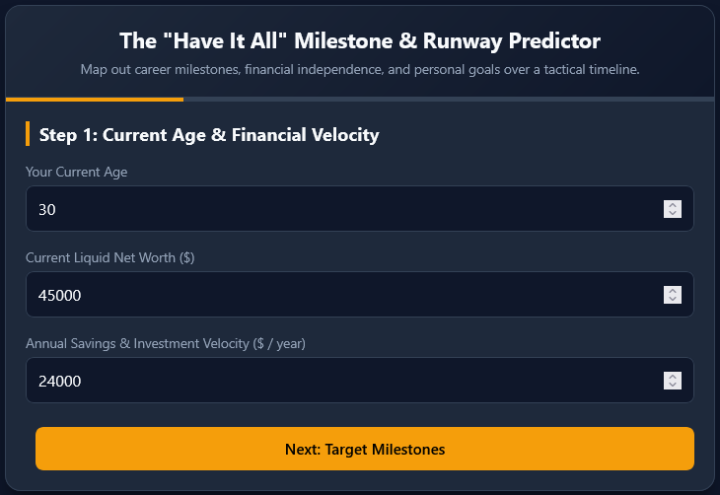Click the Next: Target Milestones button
[365, 449]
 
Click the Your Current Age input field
[360, 208]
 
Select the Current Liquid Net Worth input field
[360, 294]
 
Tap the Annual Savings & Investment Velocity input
[360, 381]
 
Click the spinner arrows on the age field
[673, 209]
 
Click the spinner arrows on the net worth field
[673, 295]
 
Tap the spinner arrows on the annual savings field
[673, 381]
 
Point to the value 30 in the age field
[46, 210]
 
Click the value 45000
[60, 296]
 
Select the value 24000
[60, 382]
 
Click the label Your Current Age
[77, 173]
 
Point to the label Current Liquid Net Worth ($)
[110, 257]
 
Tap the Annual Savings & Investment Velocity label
[166, 343]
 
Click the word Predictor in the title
[554, 40]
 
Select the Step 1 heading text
[209, 135]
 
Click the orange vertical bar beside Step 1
[28, 134]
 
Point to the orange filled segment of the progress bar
[95, 100]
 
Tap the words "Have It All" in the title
[225, 40]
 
